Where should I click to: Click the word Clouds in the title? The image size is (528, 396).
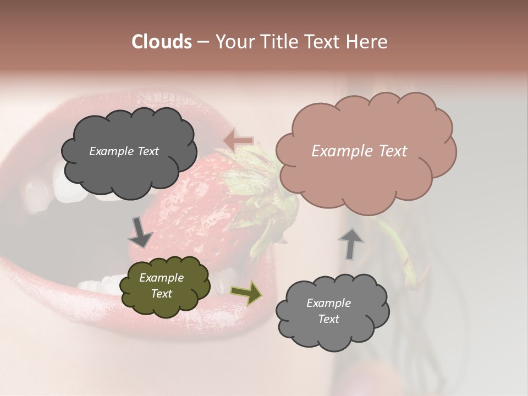click(x=162, y=42)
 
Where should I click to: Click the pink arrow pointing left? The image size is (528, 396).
click(x=239, y=140)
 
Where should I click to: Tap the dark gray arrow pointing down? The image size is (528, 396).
click(x=140, y=232)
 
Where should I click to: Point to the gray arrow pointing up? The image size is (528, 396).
click(x=350, y=243)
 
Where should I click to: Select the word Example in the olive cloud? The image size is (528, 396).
click(x=161, y=278)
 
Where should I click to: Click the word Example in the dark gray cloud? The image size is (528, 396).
click(x=111, y=151)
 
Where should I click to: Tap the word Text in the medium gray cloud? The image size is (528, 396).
click(x=328, y=319)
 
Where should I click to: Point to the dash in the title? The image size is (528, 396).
click(x=202, y=42)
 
